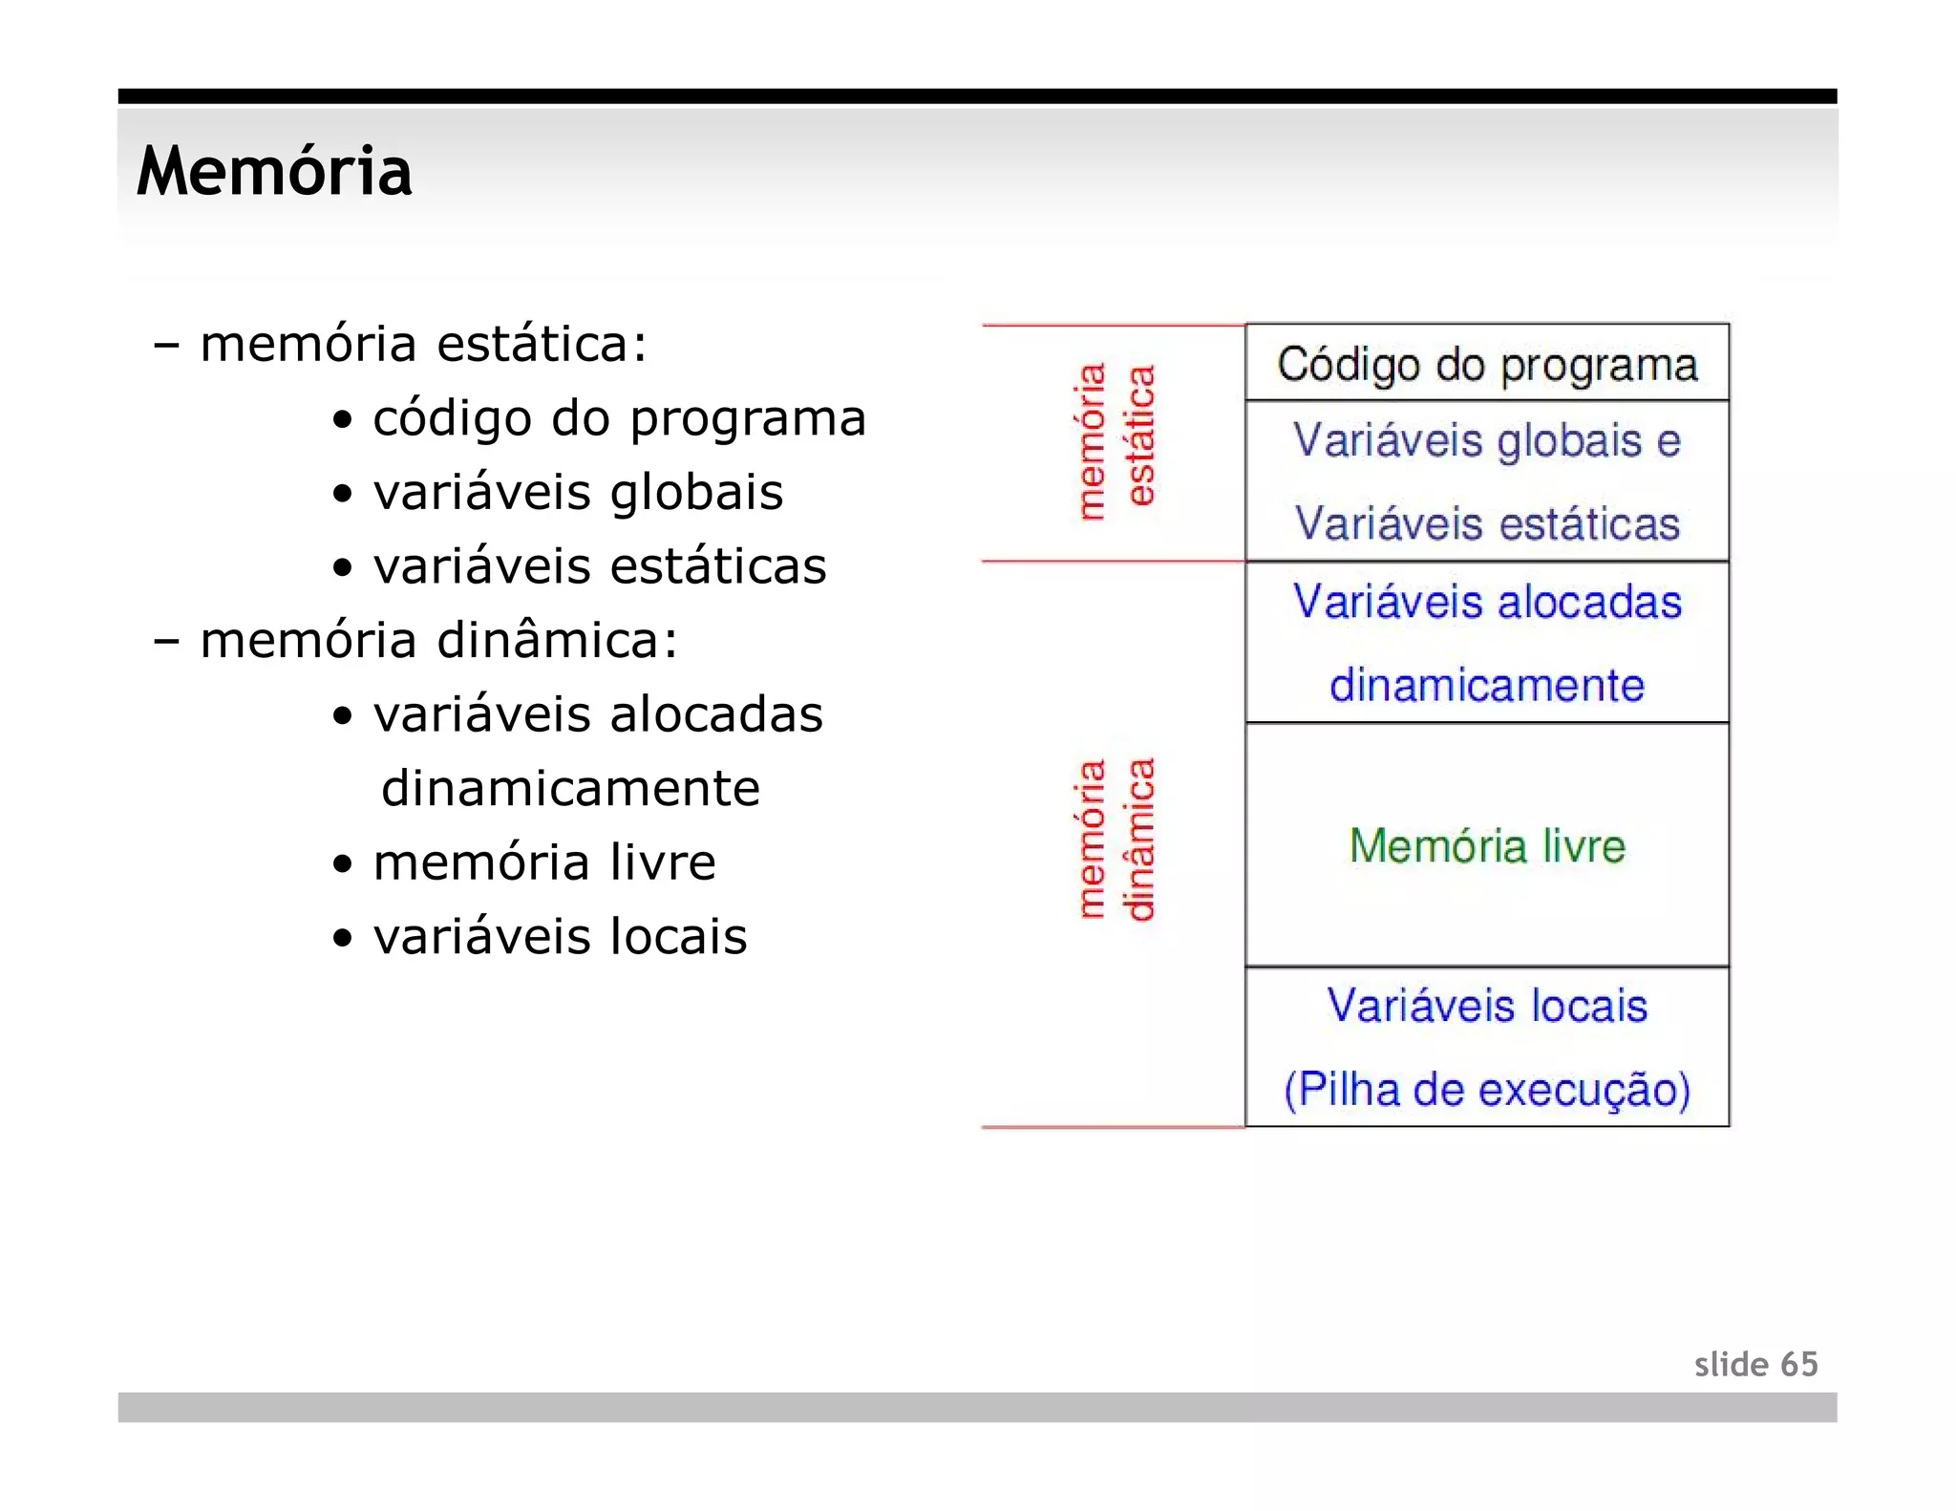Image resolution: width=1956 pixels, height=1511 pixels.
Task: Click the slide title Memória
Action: [x=274, y=172]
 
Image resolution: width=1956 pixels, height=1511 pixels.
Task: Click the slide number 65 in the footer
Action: [x=1798, y=1364]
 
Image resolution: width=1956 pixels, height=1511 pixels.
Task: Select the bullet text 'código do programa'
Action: [x=619, y=418]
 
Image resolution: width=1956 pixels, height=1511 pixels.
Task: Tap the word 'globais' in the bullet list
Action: [x=696, y=493]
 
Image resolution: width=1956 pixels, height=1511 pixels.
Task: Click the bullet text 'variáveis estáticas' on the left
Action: [x=599, y=566]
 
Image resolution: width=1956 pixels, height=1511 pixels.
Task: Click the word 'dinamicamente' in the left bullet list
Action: [x=570, y=788]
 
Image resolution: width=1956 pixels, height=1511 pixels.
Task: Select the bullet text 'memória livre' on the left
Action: [x=543, y=862]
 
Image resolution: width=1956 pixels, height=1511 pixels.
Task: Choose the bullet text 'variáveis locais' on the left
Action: [x=560, y=936]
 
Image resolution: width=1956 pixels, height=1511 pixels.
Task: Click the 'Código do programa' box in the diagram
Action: [x=1486, y=364]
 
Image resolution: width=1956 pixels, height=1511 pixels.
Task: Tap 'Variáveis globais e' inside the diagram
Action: [x=1486, y=440]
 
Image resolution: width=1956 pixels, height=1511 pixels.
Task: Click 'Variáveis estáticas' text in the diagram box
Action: [x=1486, y=523]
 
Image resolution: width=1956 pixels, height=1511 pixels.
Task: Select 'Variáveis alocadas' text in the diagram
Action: [x=1486, y=602]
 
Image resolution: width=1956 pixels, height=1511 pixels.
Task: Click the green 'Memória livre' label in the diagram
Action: [x=1486, y=846]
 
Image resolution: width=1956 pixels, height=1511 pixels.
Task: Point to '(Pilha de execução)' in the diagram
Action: [x=1486, y=1090]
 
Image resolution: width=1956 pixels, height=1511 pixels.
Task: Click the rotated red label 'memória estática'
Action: [x=1116, y=440]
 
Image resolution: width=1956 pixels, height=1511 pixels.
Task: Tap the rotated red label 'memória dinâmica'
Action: [x=1116, y=839]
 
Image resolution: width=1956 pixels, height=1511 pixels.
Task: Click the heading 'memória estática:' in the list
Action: [x=423, y=344]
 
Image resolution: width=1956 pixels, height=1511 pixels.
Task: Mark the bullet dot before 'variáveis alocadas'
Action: [x=342, y=716]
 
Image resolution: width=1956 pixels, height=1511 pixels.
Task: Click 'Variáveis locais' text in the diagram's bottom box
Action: [x=1486, y=1006]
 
